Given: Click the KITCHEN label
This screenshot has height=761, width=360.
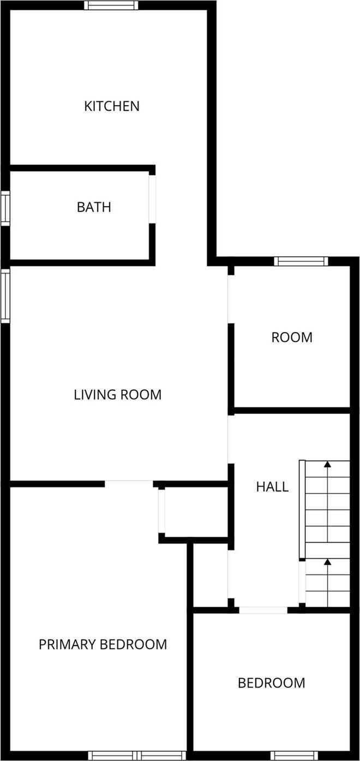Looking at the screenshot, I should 112,106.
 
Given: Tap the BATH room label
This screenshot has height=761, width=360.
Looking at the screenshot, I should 94,207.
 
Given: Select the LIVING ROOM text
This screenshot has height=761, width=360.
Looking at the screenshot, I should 118,394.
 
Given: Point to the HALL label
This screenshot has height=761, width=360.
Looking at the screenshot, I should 272,487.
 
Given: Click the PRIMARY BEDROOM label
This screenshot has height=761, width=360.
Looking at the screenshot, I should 103,644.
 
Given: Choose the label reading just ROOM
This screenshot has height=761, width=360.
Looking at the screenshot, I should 292,337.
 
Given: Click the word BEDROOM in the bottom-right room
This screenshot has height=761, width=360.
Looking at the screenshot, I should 271,683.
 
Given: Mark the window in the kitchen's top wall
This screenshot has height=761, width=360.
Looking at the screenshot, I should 111,5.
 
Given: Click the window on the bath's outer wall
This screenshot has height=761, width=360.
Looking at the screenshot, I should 5,208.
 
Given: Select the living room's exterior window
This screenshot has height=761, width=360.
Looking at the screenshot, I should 5,295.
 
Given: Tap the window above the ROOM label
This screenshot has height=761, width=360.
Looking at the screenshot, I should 301,261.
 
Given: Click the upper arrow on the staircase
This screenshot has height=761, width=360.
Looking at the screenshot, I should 327,465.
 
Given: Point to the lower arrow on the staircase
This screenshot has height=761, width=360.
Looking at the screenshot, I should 327,562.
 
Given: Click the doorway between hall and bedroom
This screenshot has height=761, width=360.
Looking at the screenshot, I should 263,609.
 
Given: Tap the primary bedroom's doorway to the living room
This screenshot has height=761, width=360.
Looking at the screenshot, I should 129,483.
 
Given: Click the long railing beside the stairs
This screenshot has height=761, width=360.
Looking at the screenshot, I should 302,510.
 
